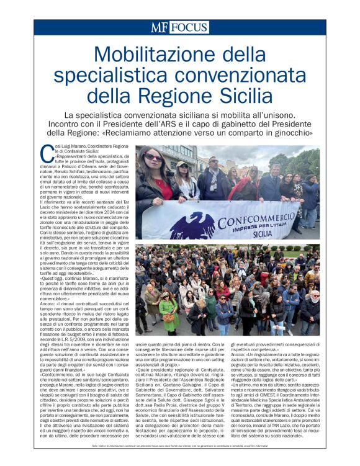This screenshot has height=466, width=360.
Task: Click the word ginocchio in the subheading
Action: click(x=291, y=132)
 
